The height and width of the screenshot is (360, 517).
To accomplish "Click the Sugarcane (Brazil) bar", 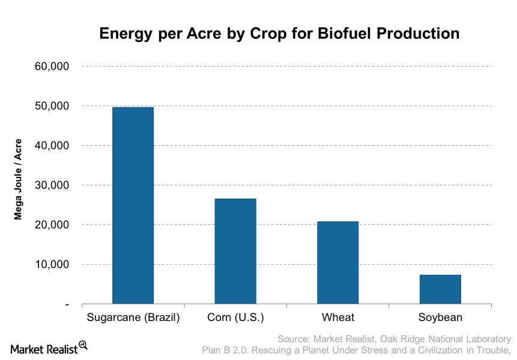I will pyautogui.click(x=133, y=206).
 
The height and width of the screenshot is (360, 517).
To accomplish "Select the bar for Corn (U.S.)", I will pyautogui.click(x=235, y=251).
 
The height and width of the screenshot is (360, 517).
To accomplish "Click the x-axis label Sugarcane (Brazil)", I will pyautogui.click(x=133, y=317).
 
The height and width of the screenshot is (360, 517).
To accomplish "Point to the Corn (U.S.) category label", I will pyautogui.click(x=235, y=317).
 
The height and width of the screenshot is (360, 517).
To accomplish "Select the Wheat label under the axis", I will pyautogui.click(x=337, y=317).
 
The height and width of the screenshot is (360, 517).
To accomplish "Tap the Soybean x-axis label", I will pyautogui.click(x=441, y=317).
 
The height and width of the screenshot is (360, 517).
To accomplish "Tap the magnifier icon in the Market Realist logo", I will pyautogui.click(x=83, y=345).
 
